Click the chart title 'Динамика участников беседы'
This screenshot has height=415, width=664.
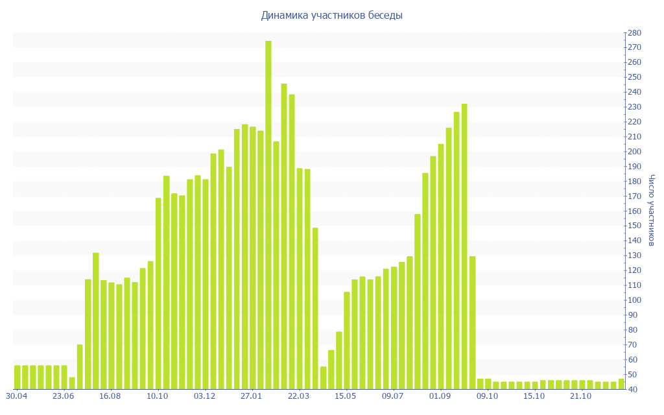click(331, 16)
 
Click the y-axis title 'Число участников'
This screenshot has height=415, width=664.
click(652, 210)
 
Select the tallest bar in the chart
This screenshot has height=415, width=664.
click(268, 215)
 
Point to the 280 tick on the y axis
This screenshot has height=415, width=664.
click(634, 33)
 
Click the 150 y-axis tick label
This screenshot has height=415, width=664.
click(634, 226)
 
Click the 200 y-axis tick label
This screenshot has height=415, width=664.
click(634, 152)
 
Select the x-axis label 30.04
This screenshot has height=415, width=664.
click(17, 396)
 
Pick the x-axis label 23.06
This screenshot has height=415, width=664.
click(64, 396)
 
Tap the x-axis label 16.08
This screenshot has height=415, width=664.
click(111, 396)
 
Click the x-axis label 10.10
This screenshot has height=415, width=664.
click(158, 396)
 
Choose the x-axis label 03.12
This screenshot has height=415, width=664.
click(205, 396)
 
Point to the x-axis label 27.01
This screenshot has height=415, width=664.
click(252, 396)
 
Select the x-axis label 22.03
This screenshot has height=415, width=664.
click(299, 396)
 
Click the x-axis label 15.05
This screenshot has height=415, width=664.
click(346, 396)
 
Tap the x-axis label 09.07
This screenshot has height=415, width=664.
click(393, 396)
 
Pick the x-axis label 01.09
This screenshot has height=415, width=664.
click(440, 396)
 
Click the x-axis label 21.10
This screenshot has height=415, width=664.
click(581, 396)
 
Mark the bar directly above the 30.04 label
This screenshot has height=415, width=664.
click(18, 377)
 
